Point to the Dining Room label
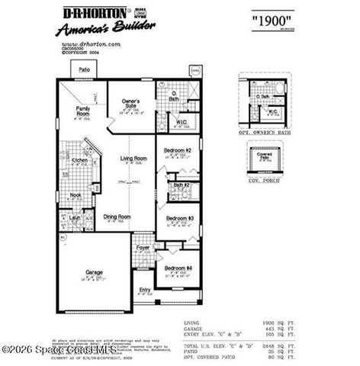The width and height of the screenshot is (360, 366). (x=117, y=217)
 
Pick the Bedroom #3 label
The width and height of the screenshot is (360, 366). (x=180, y=219)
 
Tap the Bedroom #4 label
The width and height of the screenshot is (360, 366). (x=178, y=268)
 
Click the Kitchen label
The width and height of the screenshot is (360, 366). (x=80, y=161)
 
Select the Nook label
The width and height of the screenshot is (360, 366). (x=76, y=195)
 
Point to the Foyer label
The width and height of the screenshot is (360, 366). (x=143, y=248)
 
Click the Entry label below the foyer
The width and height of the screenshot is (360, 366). (x=145, y=290)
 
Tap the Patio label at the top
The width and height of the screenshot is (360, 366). (x=84, y=69)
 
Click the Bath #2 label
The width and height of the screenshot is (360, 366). (x=181, y=185)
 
